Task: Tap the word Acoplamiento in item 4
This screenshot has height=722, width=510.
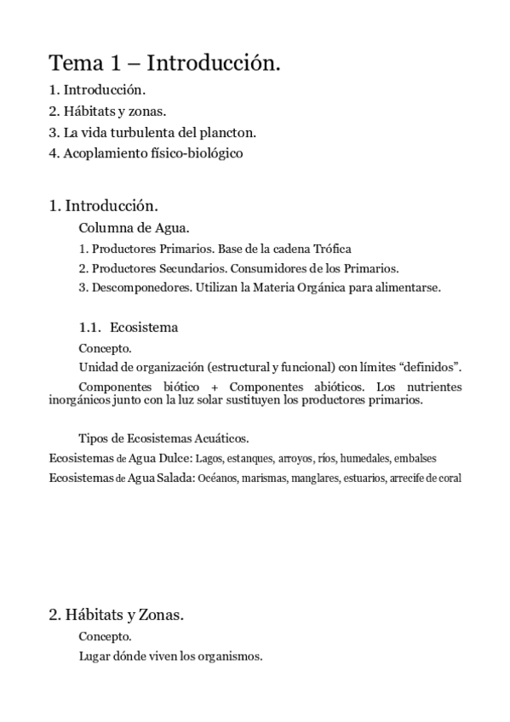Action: tap(104, 153)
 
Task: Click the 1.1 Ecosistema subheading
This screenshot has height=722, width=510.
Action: tap(128, 327)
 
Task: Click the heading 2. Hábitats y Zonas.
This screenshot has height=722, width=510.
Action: tap(117, 615)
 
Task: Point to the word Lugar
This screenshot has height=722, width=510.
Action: tap(94, 656)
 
